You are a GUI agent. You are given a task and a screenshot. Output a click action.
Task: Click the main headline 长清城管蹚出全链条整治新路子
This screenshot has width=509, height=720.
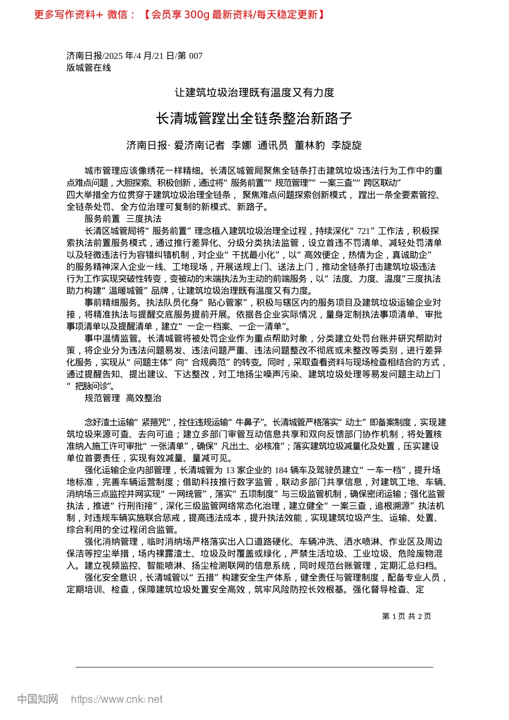[254, 118]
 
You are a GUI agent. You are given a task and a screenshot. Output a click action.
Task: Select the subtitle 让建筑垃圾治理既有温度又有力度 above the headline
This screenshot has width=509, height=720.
[254, 93]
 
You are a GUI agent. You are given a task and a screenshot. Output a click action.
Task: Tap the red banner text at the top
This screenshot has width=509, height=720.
[179, 14]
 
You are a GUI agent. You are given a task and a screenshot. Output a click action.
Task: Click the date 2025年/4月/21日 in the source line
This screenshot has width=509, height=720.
[140, 56]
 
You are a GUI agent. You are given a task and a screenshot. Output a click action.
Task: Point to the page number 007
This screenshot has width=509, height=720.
[196, 56]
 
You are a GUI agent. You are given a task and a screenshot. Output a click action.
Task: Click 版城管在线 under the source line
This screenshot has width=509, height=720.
[88, 67]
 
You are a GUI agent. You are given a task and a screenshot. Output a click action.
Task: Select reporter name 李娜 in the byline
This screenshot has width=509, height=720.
[241, 145]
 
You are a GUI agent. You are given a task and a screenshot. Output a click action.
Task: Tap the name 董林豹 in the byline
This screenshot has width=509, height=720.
[310, 145]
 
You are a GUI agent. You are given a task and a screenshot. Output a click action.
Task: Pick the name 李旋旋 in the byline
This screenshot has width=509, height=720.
[346, 145]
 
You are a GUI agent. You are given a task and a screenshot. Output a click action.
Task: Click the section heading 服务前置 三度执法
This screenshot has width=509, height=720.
[123, 219]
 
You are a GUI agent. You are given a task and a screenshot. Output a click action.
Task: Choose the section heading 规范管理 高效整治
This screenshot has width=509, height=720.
[123, 398]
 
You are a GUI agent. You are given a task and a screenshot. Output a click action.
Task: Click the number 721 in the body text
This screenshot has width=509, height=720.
[363, 231]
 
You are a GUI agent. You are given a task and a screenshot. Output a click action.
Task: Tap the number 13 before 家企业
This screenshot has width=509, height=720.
[230, 470]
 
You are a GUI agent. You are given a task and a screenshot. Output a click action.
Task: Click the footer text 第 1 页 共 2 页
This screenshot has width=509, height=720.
[407, 616]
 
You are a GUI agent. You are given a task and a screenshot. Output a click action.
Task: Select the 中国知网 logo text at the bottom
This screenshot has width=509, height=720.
[38, 699]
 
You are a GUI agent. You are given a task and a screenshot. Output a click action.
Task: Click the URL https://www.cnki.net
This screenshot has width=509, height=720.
[117, 699]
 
